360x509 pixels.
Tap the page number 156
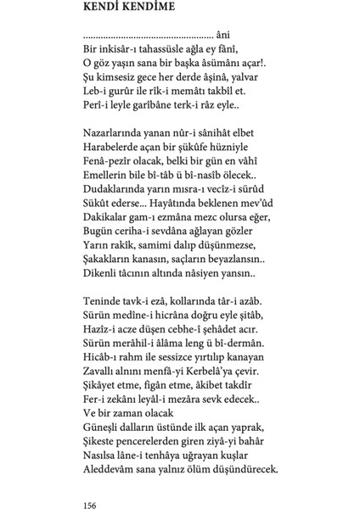(92, 481)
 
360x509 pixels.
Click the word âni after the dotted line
(224, 36)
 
